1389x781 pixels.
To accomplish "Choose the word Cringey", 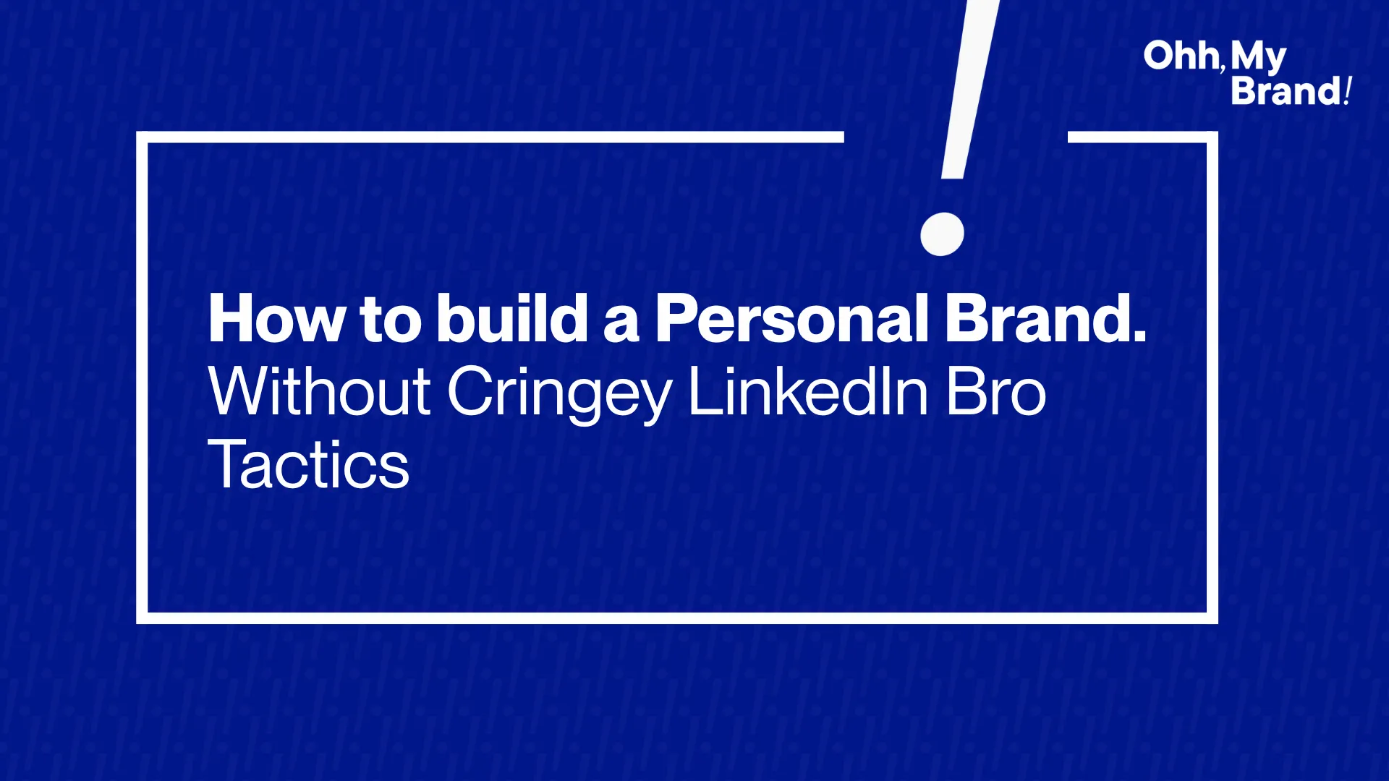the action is [x=560, y=394].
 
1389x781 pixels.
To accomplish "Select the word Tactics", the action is [x=309, y=464].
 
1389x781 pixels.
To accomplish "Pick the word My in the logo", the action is [x=1259, y=58].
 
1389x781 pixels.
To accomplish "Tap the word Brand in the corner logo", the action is [x=1286, y=91].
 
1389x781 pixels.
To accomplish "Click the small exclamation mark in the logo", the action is [x=1348, y=91].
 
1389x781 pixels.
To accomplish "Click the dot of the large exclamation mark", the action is [x=942, y=234].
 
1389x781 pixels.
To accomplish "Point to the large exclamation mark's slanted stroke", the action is [x=970, y=89].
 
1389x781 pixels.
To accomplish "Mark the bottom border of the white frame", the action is [x=677, y=618].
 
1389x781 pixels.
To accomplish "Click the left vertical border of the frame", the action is [x=142, y=377].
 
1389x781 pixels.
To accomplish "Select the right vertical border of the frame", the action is [x=1212, y=377].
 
